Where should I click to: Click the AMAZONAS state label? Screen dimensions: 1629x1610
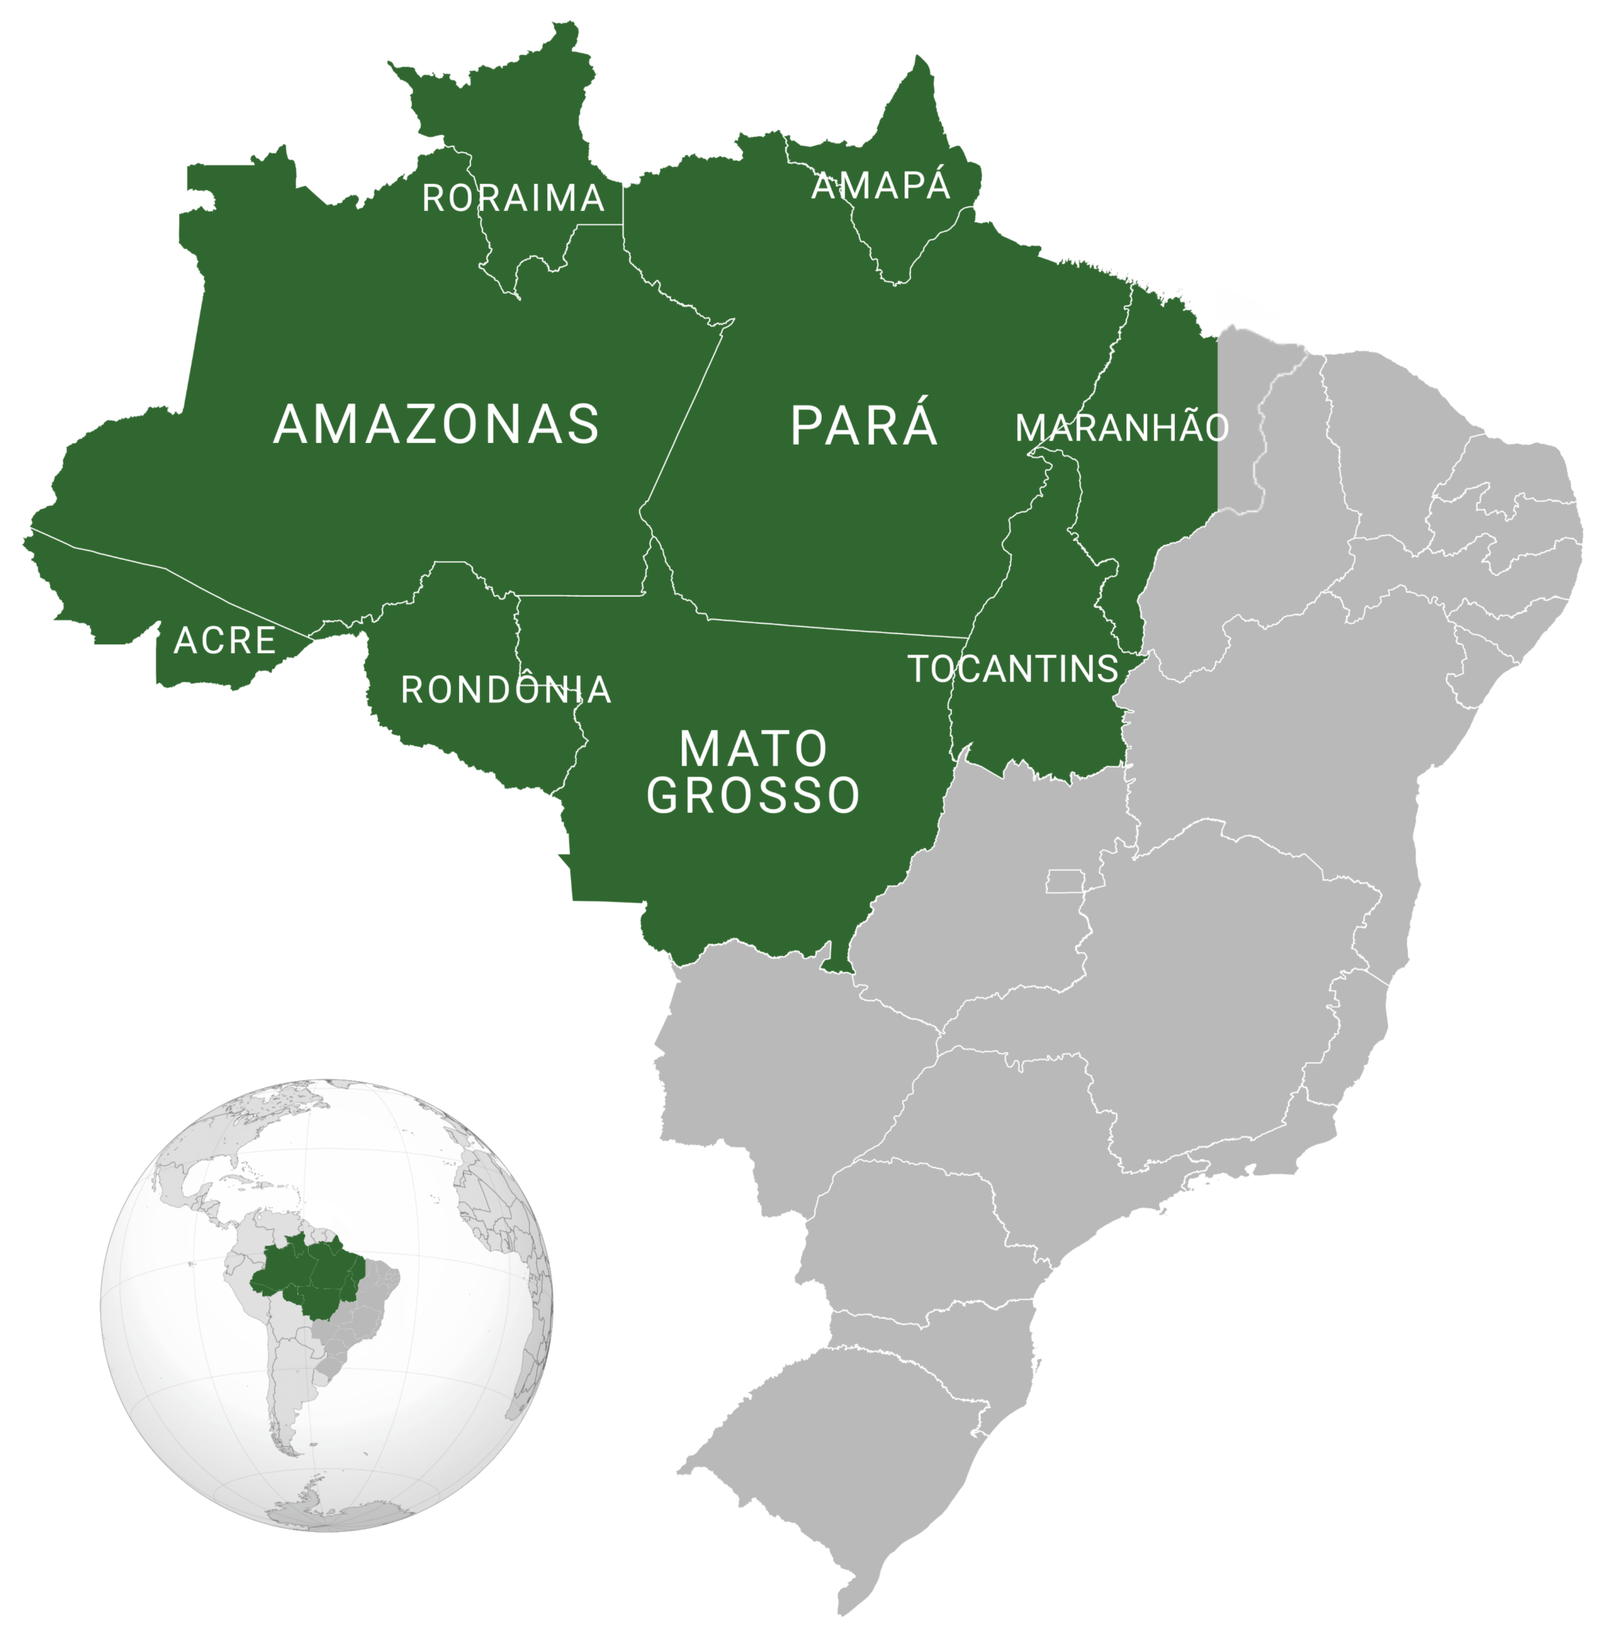(436, 424)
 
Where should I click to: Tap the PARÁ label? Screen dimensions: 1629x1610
(864, 426)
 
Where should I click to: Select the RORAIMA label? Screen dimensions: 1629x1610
(513, 198)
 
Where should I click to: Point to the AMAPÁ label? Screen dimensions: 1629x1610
(881, 185)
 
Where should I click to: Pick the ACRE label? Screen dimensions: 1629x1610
(224, 641)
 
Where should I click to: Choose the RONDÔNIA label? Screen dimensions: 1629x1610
(505, 690)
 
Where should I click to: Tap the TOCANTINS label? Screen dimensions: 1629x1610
(1013, 670)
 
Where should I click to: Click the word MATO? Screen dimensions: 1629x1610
(753, 748)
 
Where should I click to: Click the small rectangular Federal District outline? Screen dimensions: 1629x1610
(1064, 881)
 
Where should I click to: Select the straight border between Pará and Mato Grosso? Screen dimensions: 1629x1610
(835, 628)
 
